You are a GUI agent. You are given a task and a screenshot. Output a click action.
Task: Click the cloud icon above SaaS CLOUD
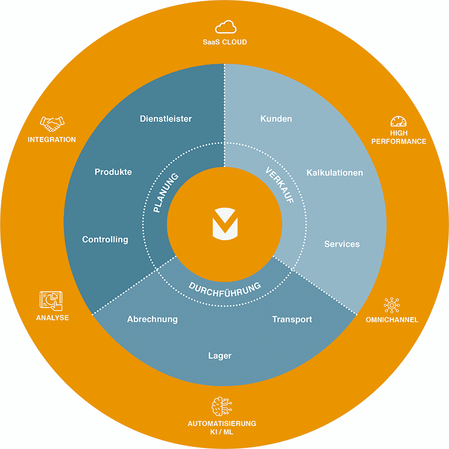pyautogui.click(x=226, y=27)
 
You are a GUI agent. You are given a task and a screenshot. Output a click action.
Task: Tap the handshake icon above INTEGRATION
pyautogui.click(x=52, y=124)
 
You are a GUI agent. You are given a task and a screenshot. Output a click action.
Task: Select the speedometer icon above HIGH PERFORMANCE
pyautogui.click(x=398, y=121)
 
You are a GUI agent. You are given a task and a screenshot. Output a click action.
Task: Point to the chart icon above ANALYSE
pyautogui.click(x=51, y=301)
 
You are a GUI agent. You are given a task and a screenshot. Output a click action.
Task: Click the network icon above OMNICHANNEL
pyautogui.click(x=392, y=305)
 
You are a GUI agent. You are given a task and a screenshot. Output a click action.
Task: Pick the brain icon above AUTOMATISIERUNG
pyautogui.click(x=222, y=406)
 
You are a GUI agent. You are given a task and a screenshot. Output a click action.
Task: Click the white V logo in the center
pyautogui.click(x=225, y=224)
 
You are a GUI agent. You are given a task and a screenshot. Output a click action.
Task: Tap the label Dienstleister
pyautogui.click(x=166, y=119)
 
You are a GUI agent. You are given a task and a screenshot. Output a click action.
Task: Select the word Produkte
pyautogui.click(x=113, y=172)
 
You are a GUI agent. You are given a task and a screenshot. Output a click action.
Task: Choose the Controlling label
pyautogui.click(x=105, y=240)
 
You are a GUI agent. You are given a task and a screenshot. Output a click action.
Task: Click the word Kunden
pyautogui.click(x=276, y=119)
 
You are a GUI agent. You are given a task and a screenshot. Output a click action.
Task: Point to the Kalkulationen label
pyautogui.click(x=335, y=173)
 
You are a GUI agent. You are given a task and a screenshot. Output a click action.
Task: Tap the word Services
pyautogui.click(x=342, y=244)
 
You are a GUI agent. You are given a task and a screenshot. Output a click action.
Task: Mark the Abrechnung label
pyautogui.click(x=152, y=319)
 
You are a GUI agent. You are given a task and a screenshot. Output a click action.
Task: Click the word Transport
pyautogui.click(x=292, y=319)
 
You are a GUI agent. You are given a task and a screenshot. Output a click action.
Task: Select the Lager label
pyautogui.click(x=219, y=356)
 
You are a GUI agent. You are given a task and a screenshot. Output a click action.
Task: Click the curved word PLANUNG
pyautogui.click(x=165, y=193)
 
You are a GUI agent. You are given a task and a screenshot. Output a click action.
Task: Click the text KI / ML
pyautogui.click(x=222, y=432)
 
